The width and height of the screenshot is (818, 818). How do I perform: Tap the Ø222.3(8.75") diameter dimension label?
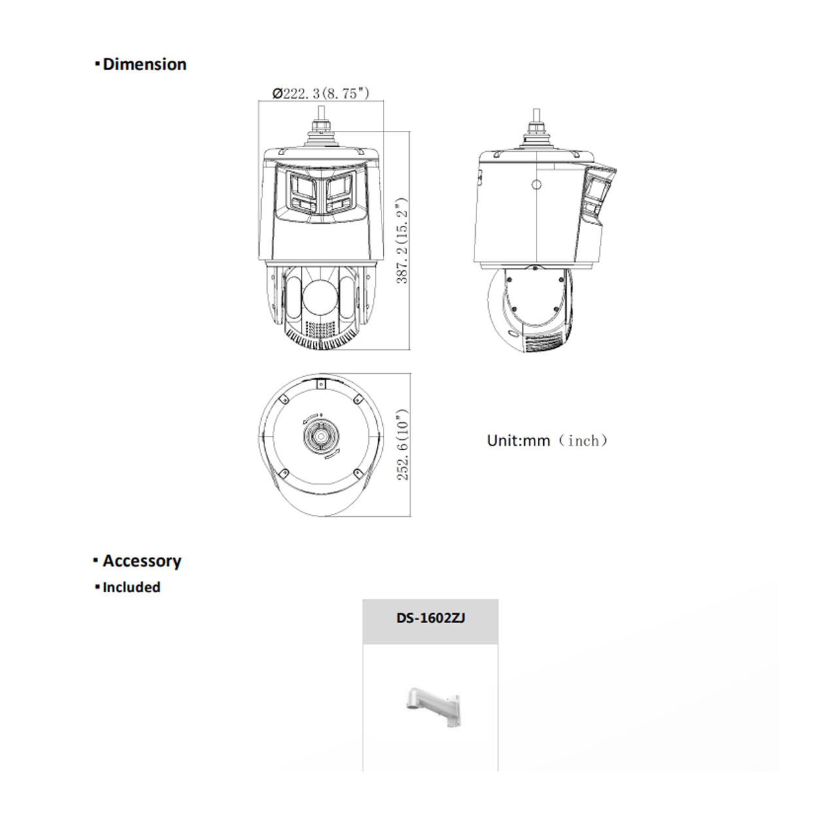(321, 93)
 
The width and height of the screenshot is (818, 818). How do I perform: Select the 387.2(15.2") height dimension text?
(402, 241)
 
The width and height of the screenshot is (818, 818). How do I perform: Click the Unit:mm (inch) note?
(547, 440)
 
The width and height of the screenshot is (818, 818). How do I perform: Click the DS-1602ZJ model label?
(431, 618)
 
